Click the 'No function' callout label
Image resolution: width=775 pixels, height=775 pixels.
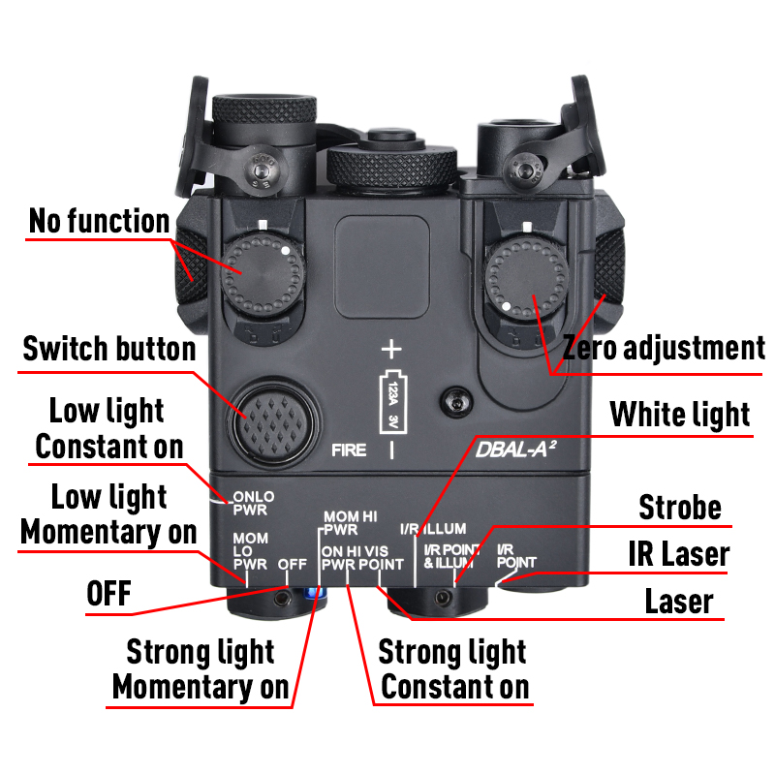100,221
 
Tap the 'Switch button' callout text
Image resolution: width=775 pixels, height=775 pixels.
109,348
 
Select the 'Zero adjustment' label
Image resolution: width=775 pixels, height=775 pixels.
665,348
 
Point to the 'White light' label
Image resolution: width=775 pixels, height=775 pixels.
680,416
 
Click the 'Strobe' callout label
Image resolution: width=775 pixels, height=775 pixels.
680,507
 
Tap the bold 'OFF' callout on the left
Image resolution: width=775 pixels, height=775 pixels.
108,594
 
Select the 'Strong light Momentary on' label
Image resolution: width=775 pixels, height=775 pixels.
201,668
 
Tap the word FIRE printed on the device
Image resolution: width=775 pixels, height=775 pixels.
349,450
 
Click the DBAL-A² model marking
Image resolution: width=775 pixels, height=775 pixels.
515,449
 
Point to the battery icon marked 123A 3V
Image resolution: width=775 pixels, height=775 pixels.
391,400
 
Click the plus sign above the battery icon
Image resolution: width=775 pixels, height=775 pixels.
391,349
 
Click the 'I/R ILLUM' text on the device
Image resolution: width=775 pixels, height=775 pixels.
433,529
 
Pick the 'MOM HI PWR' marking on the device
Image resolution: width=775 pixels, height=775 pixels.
350,523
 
